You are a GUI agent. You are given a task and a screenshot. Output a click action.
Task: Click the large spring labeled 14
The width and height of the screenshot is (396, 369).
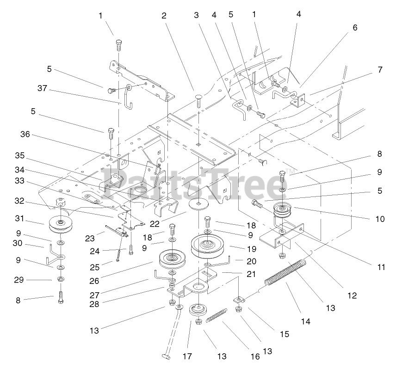pos(285,275)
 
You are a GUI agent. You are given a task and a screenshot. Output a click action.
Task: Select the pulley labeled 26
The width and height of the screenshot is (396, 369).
pos(172,259)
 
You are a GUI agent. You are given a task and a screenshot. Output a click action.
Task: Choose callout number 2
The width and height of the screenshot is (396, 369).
pos(164,15)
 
